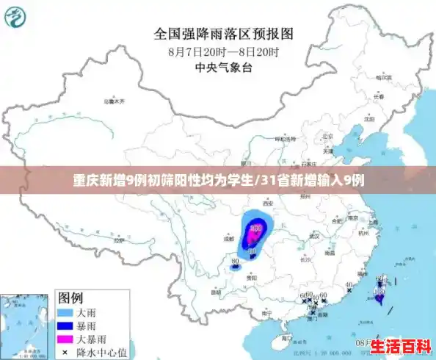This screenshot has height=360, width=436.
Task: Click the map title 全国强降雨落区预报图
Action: (x=223, y=33)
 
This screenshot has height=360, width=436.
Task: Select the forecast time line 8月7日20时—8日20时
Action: (x=223, y=51)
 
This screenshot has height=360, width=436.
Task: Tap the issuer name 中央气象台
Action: (x=223, y=68)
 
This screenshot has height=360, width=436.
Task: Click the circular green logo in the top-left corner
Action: (x=18, y=18)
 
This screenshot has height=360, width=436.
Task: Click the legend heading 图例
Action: (x=70, y=298)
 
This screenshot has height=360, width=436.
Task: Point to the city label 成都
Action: (x=229, y=238)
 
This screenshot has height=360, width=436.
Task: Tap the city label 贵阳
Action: (x=252, y=278)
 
